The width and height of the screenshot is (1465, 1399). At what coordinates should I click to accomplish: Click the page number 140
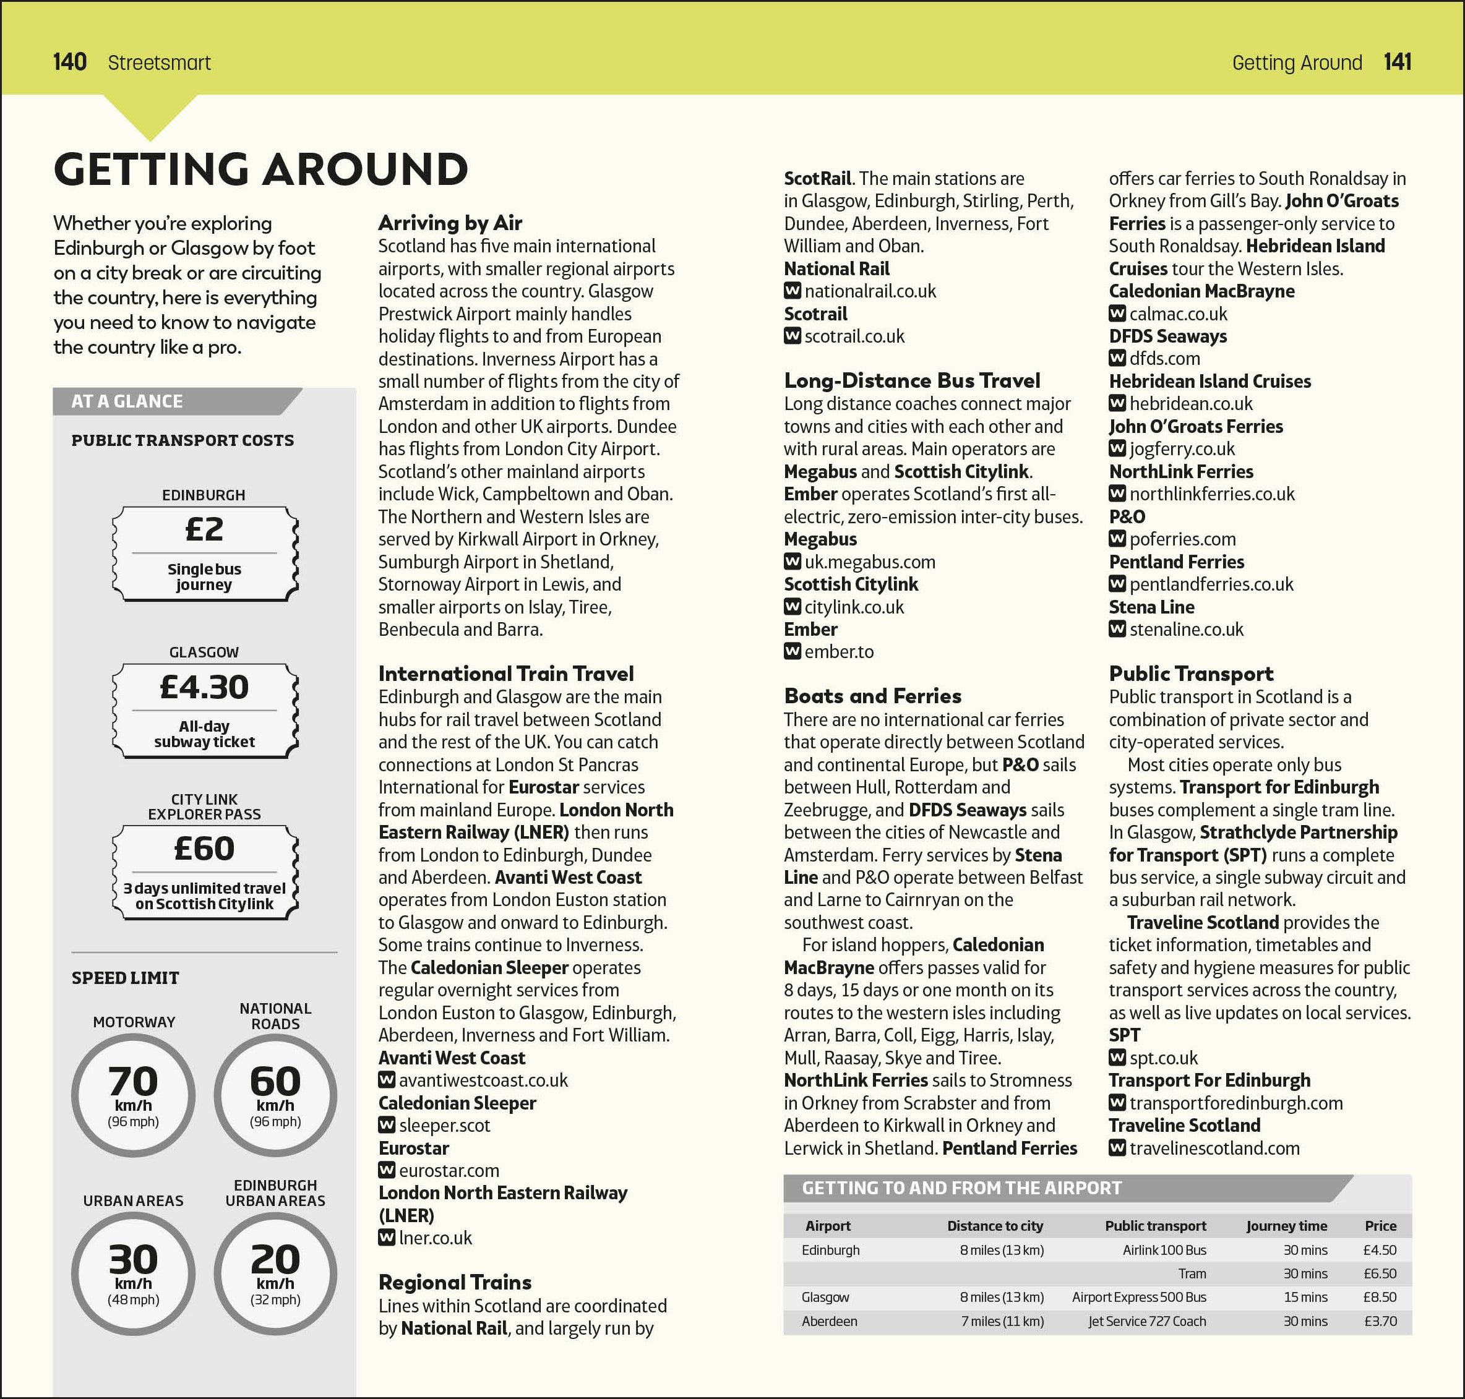(x=69, y=62)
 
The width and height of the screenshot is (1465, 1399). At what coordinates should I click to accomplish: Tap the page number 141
(x=1396, y=62)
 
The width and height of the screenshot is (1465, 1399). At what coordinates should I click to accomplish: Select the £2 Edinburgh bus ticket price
(x=204, y=529)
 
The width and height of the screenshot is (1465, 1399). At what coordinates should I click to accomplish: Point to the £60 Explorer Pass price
(x=204, y=849)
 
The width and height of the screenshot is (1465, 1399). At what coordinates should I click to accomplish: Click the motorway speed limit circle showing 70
(x=134, y=1094)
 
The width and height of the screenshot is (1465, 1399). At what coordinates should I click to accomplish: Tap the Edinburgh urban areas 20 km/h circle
(x=275, y=1273)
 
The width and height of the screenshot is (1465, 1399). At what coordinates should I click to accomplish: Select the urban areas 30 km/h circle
(x=134, y=1273)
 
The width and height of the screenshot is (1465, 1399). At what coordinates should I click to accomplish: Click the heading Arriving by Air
(x=450, y=223)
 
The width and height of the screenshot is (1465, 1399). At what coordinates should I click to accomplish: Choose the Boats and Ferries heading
(x=872, y=696)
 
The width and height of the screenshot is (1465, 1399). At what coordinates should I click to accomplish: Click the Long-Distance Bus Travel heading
(x=911, y=380)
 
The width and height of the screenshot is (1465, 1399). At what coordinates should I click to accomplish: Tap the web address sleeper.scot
(x=445, y=1125)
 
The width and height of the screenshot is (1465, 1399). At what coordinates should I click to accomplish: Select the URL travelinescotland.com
(x=1214, y=1148)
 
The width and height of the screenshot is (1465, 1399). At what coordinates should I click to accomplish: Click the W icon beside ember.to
(x=792, y=652)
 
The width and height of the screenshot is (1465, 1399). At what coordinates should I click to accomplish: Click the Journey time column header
(x=1286, y=1226)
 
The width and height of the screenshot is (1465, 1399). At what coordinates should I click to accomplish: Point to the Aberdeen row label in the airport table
(x=829, y=1320)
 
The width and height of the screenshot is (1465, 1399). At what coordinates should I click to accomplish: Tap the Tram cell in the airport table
(x=1192, y=1273)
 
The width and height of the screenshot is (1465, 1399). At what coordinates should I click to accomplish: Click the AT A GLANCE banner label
(x=127, y=401)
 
